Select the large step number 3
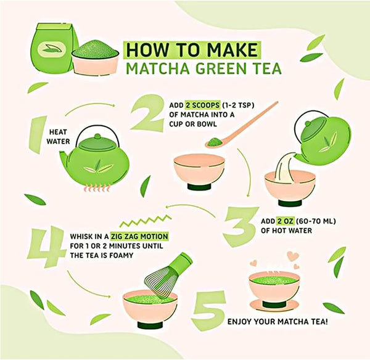[241, 226]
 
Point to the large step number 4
[46, 247]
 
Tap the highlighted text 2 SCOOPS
[203, 105]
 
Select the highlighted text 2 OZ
[286, 221]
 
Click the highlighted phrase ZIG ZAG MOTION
[140, 236]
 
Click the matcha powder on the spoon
[214, 142]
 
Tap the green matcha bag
[55, 48]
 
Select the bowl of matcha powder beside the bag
[96, 58]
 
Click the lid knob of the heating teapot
[97, 136]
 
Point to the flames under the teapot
[97, 188]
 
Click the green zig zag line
[146, 221]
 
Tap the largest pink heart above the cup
[292, 256]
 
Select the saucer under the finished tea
[274, 305]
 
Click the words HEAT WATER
[58, 137]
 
